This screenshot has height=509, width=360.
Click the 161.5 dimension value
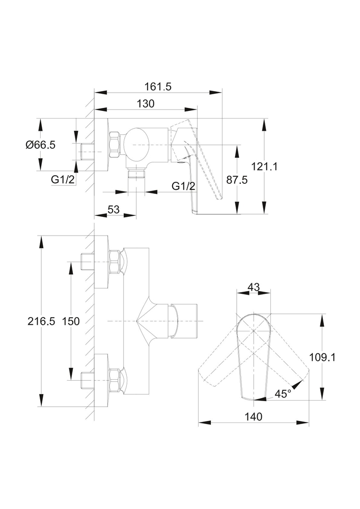158,87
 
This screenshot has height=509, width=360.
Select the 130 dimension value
146,103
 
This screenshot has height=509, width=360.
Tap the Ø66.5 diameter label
41,145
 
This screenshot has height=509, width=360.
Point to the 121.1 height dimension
265,166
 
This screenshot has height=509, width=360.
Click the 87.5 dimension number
237,180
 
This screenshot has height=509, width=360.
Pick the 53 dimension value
114,209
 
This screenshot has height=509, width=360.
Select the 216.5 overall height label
41,321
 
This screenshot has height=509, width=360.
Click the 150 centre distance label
71,321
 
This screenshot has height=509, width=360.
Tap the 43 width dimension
254,287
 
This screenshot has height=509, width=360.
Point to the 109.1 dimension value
322,357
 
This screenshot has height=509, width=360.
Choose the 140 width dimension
253,416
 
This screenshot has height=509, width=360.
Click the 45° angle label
283,394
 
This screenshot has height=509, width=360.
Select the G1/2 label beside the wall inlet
63,179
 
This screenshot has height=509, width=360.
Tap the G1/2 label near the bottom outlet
183,186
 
